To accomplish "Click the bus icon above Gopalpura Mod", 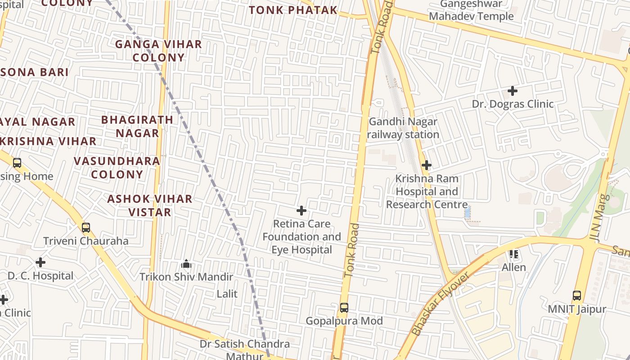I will pos(344,308).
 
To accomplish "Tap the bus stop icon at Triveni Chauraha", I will pos(86,228).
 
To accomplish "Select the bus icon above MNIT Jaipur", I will pos(577,296).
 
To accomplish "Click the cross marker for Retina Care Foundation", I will pos(301,211).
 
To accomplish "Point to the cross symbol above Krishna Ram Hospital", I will pos(427,165).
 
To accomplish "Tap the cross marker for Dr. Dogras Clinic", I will pos(512,91).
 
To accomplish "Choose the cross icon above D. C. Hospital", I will pos(40,262).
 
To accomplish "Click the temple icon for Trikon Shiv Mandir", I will pos(186,263).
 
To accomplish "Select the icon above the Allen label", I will pos(514,254).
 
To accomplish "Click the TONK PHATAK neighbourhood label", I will pos(293,10).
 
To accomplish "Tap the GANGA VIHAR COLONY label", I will pos(158,51).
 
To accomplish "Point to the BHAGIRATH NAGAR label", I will pos(137,126).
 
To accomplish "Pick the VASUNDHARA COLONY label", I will pos(117,167).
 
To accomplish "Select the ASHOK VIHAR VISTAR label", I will pos(150,205).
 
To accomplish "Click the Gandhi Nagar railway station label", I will pos(403,128).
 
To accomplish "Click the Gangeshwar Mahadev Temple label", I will pos(471,10).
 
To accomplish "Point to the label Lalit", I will pos(227,294).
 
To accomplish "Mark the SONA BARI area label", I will pos(35,72).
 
